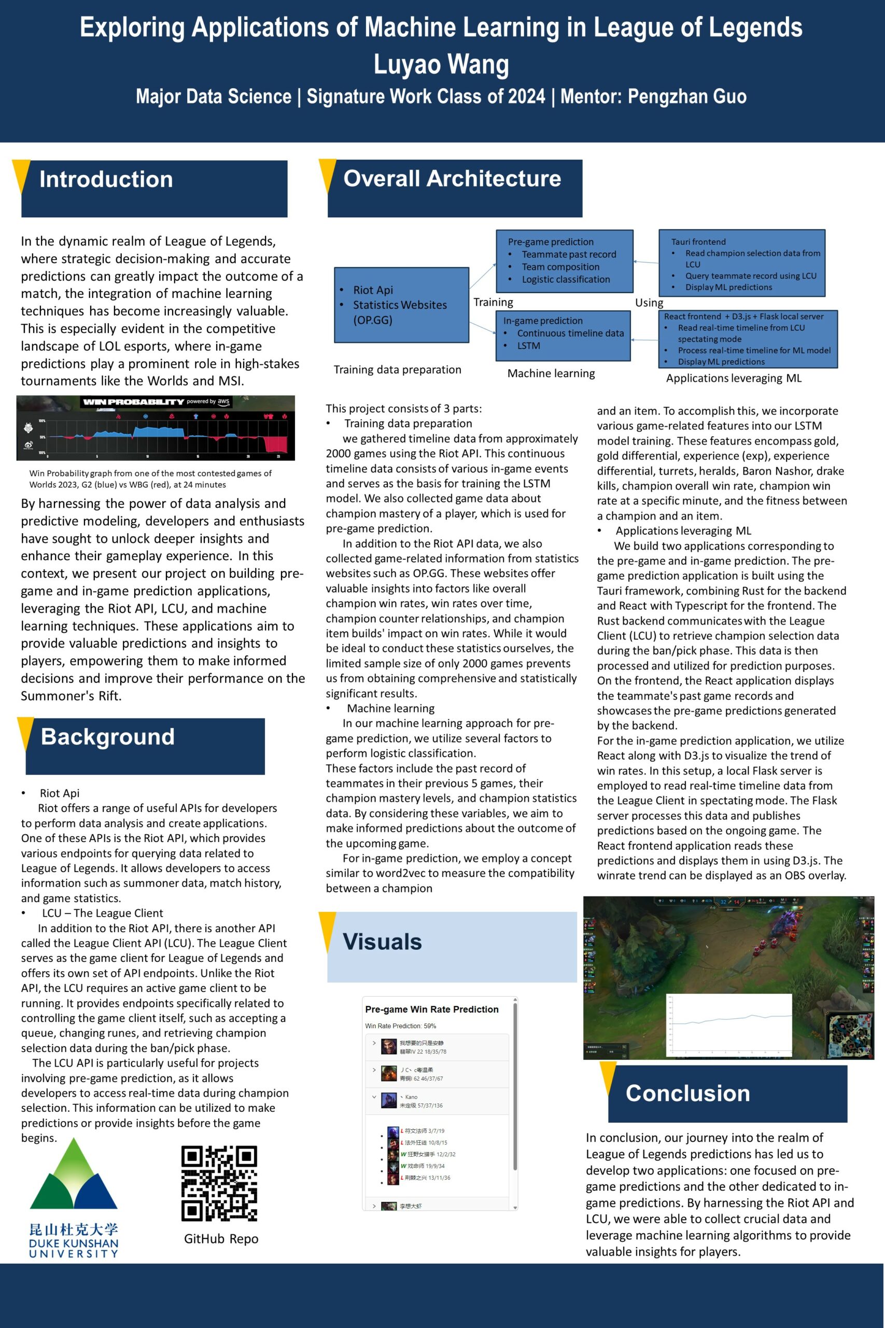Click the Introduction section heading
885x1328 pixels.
[106, 179]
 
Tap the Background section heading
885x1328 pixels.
[108, 737]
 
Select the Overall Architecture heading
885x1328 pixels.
[452, 178]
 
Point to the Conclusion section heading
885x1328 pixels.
[687, 1093]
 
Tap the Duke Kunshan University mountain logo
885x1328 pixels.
[74, 1175]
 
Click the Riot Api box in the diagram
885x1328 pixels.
[401, 305]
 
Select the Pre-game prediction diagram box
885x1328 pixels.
[564, 260]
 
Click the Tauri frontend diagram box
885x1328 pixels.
[741, 263]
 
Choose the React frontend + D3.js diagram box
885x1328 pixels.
[747, 339]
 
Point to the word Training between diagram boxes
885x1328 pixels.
[493, 302]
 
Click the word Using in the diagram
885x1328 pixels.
[649, 302]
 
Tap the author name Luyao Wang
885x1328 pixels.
[441, 64]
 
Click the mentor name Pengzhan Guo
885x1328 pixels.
[687, 96]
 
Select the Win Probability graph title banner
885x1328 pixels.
[156, 402]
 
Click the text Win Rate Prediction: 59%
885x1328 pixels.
[400, 1026]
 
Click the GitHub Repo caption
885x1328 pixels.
[221, 1239]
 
